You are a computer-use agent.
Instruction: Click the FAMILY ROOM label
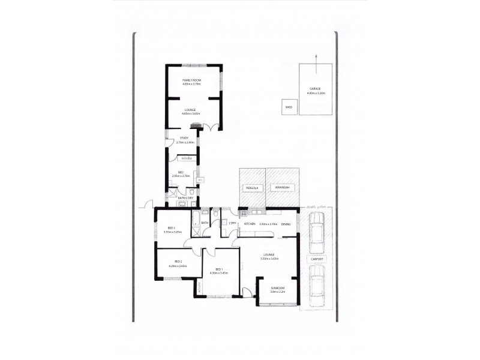coord(192,80)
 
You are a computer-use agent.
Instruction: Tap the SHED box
coord(289,107)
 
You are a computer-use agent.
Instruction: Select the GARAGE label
coord(315,89)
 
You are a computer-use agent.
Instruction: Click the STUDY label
coord(184,138)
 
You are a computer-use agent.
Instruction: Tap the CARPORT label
coord(316,259)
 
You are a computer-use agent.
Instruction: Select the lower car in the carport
coord(316,285)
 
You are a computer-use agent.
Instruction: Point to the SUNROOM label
coord(277,288)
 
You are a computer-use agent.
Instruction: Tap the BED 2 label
coord(178,261)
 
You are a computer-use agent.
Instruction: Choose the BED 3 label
coord(171,228)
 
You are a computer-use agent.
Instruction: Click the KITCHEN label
coord(250,224)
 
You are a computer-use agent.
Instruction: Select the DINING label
coord(286,224)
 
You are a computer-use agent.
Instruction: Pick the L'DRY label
coord(232,223)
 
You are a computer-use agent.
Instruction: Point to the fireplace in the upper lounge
coord(195,125)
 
